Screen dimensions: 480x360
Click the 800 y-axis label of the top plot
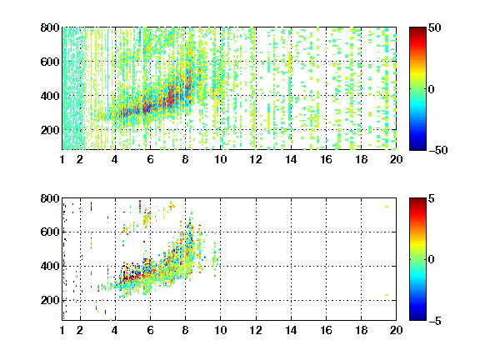coord(50,27)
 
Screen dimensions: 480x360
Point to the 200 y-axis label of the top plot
coord(50,130)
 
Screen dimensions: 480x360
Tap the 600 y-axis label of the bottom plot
coord(50,232)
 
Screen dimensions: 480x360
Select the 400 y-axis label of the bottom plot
coord(50,266)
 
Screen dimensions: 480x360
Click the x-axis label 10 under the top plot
coord(220,159)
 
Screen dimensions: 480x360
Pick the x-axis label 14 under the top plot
coord(291,159)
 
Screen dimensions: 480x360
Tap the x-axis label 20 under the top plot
coord(396,159)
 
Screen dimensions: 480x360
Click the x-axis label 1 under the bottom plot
coord(62,330)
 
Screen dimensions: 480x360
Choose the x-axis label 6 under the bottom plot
coord(150,330)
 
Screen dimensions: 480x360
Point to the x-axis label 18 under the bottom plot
coord(361,330)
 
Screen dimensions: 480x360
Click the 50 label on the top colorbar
coord(435,27)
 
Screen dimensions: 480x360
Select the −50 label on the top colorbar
coord(437,150)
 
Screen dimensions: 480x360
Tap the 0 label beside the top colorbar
coord(432,89)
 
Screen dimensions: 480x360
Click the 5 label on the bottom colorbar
coord(432,198)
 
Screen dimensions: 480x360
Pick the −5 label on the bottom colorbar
coord(435,321)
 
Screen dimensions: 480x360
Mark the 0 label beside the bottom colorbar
coord(432,260)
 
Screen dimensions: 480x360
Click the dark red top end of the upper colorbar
coord(417,29)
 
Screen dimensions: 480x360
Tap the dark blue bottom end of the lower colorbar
coord(417,318)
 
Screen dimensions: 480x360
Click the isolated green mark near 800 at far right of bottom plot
coord(387,207)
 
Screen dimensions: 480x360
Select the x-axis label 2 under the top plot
coord(80,159)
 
